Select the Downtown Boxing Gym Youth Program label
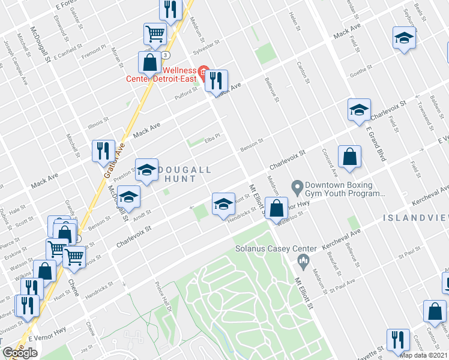coord(344,190)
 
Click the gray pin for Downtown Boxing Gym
coord(297,188)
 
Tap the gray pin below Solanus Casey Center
coord(303,260)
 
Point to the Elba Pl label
coord(213,137)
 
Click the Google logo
coord(20,353)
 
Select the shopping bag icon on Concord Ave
coord(349,157)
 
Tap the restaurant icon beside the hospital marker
coord(217,79)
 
